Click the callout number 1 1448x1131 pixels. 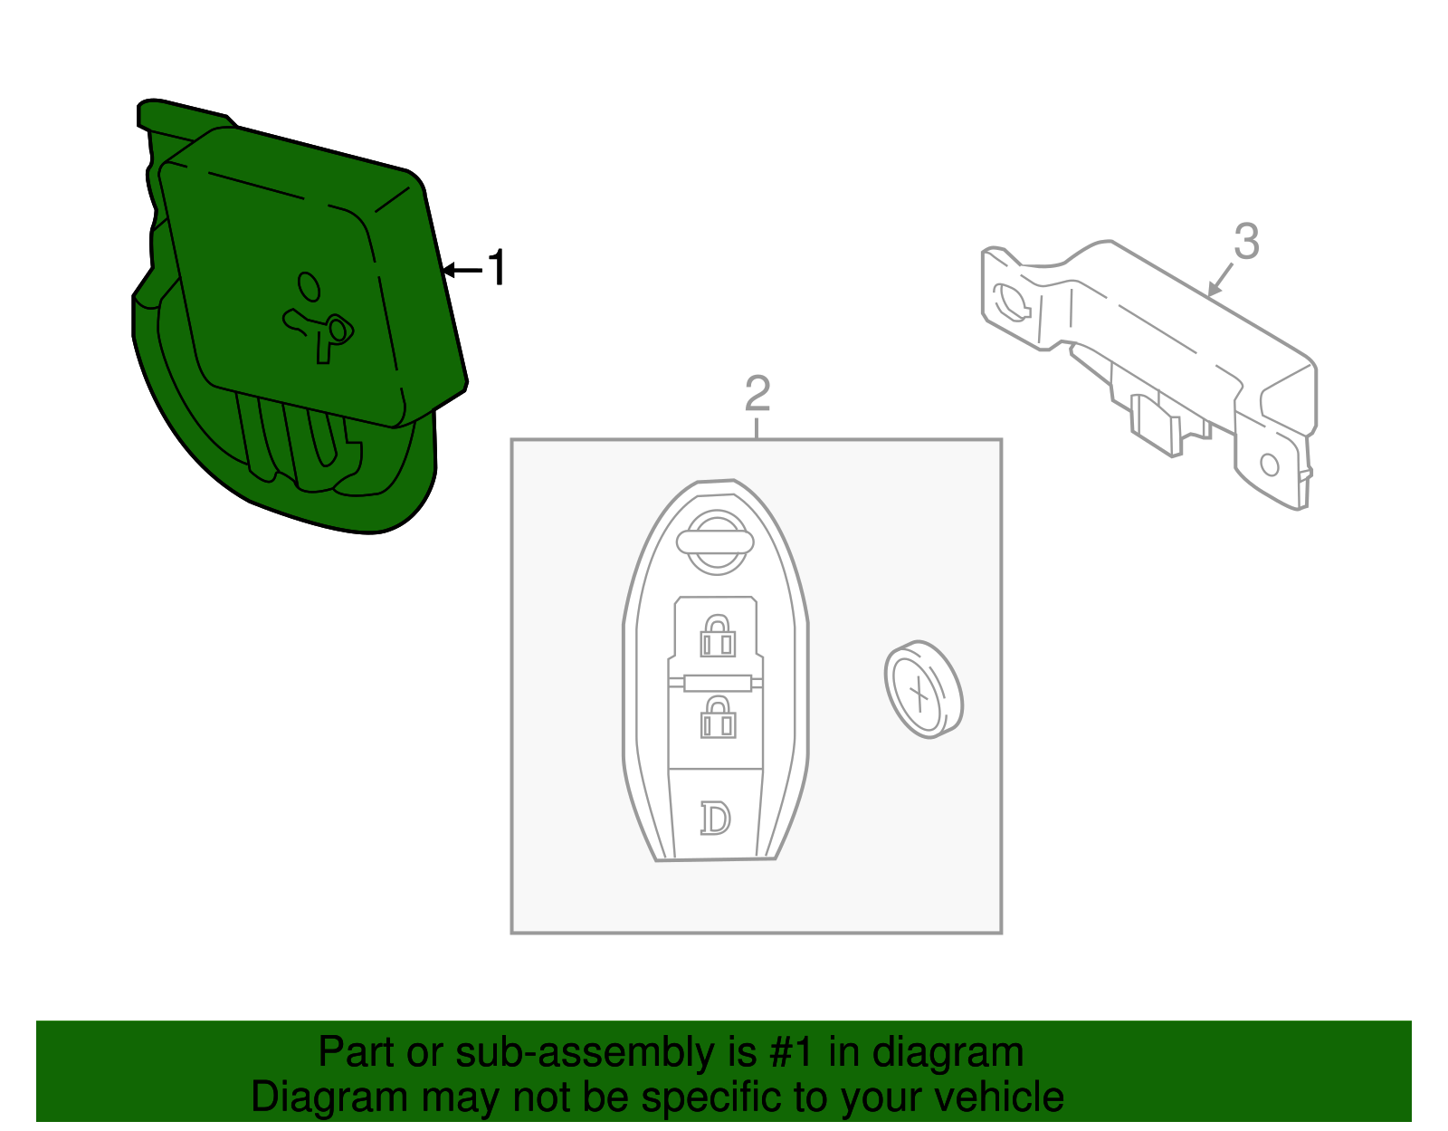point(497,269)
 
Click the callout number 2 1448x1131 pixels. point(757,393)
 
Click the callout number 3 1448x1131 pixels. point(1246,242)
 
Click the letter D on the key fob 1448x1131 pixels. point(715,818)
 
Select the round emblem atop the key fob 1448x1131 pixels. point(715,542)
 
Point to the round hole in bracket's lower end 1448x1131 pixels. point(1269,465)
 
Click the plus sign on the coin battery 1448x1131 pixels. point(919,695)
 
